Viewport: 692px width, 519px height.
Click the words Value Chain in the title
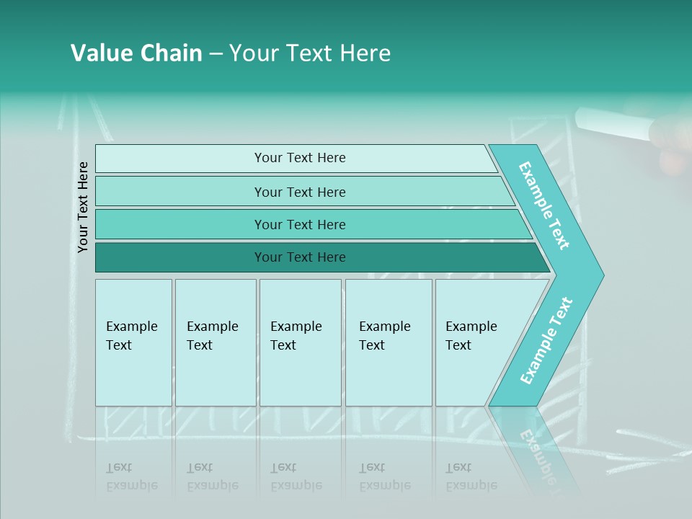(x=136, y=53)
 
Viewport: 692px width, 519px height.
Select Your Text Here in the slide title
(x=310, y=53)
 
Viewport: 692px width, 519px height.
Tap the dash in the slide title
(x=216, y=54)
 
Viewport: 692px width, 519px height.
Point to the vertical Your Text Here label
(x=84, y=207)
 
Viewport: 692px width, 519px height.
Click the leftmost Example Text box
(x=133, y=342)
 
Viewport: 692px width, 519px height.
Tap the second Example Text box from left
(x=216, y=342)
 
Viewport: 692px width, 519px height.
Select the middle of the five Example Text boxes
(x=300, y=342)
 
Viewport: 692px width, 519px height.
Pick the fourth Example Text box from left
(x=389, y=342)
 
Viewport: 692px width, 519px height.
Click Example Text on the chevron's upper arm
(x=544, y=206)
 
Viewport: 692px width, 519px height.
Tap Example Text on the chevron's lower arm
(x=546, y=340)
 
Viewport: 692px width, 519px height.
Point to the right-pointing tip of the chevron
(x=601, y=275)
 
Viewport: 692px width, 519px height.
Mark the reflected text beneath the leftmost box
(x=132, y=476)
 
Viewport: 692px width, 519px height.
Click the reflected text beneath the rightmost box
(x=471, y=476)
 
